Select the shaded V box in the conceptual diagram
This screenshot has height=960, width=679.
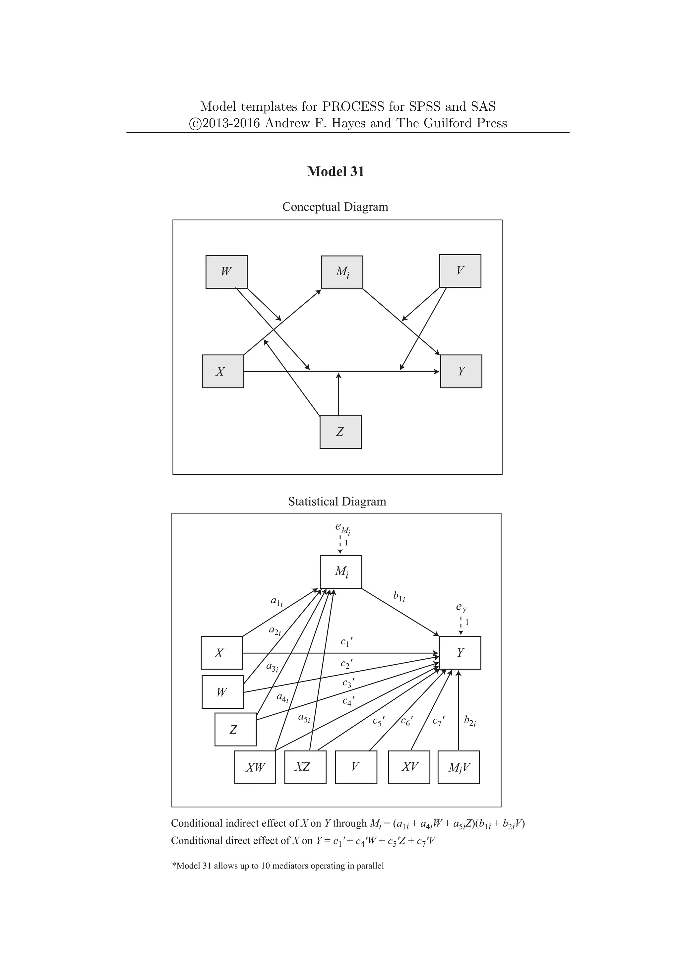coord(460,271)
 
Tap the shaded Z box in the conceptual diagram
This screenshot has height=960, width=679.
coord(340,432)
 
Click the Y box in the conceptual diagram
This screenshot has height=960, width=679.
coord(461,371)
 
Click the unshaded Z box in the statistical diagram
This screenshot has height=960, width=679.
coord(235,730)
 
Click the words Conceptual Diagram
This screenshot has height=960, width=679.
coord(335,207)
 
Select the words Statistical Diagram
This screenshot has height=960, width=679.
coord(337,501)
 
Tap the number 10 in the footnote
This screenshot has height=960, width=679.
coord(266,866)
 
